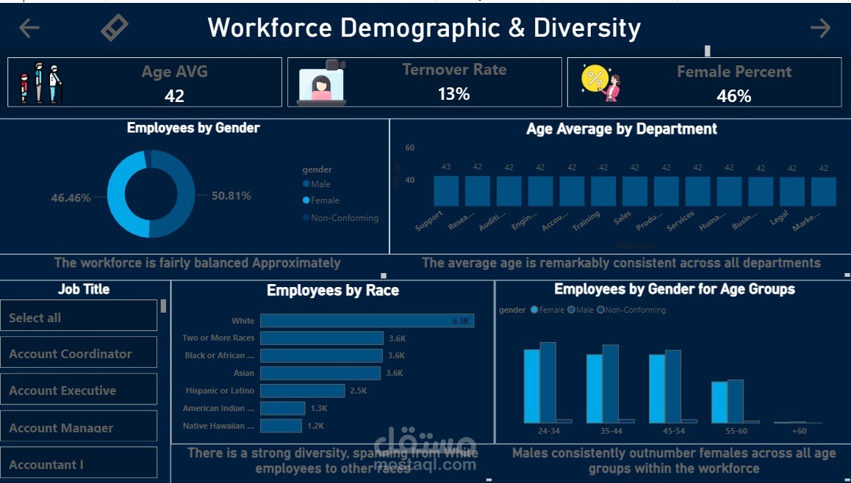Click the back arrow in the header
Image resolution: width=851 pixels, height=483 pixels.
[x=29, y=28]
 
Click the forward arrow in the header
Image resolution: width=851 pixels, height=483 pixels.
[x=820, y=28]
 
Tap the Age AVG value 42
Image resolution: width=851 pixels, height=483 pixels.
[x=174, y=95]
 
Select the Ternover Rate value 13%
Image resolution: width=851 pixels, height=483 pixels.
[x=453, y=94]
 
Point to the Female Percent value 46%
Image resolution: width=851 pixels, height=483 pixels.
[x=733, y=96]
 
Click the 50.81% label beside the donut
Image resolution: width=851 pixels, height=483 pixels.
[x=231, y=196]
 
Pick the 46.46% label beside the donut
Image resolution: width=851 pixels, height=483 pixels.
[x=71, y=198]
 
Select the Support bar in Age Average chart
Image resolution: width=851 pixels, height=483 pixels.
[x=446, y=191]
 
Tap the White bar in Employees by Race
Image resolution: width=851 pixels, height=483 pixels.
[x=367, y=321]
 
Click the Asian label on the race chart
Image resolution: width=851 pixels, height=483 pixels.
[x=244, y=373]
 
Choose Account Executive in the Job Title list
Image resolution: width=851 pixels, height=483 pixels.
[x=62, y=391]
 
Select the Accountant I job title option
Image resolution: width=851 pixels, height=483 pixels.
[x=46, y=465]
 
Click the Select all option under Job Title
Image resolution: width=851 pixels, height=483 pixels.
[x=35, y=318]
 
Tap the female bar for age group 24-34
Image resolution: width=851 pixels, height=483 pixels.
[x=531, y=385]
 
